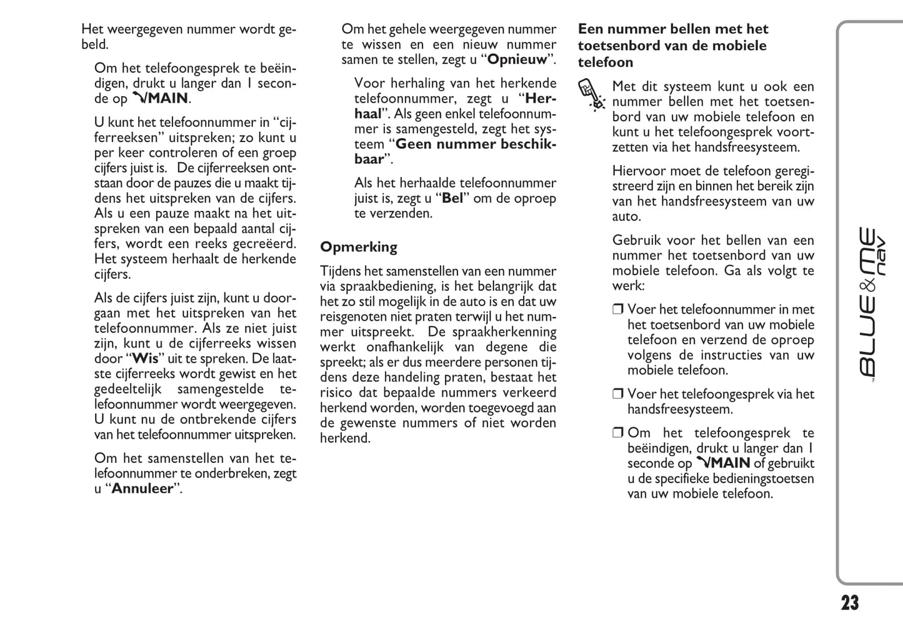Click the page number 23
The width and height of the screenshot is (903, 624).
coord(849,603)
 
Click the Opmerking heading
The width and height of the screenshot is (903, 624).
coord(359,247)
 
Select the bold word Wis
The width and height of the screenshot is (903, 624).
coord(145,359)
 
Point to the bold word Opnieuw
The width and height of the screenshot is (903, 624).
coord(517,60)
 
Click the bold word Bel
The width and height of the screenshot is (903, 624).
coord(452,199)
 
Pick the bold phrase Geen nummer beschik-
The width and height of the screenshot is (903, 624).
coord(476,144)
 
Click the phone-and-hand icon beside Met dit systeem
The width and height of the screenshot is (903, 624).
coord(591,94)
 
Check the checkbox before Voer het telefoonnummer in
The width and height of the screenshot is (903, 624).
coord(618,309)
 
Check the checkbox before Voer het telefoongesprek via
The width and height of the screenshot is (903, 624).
coord(618,395)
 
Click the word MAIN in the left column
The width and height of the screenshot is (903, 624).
coord(167,99)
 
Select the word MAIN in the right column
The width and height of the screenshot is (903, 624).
coord(729,463)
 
